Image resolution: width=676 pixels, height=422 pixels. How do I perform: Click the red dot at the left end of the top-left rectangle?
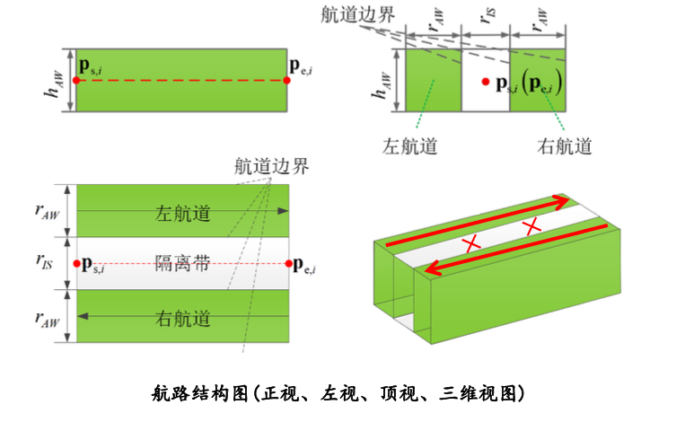(76, 80)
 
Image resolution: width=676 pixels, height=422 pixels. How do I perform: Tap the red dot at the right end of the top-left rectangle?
(286, 80)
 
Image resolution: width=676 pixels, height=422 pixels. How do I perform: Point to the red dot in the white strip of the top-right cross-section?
(486, 82)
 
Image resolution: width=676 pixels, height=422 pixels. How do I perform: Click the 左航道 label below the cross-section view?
(410, 146)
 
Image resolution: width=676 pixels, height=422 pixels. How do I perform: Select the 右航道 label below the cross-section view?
(565, 146)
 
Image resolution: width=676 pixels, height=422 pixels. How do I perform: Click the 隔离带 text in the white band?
(183, 263)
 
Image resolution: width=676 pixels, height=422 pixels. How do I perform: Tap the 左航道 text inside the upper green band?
(183, 214)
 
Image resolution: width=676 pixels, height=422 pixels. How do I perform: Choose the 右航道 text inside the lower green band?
(183, 319)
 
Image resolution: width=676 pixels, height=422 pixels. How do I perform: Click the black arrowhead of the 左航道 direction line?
(284, 211)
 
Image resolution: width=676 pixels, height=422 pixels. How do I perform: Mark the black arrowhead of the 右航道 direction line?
(83, 316)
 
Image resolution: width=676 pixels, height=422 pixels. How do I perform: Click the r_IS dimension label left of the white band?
(44, 261)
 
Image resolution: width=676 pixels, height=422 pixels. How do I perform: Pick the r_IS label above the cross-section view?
(488, 16)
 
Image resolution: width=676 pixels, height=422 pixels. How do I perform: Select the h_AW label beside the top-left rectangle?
(55, 84)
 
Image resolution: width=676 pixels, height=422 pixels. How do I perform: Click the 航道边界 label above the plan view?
(272, 166)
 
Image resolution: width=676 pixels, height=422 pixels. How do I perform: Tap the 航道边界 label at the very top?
(358, 14)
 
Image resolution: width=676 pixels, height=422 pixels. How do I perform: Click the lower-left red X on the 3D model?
(471, 243)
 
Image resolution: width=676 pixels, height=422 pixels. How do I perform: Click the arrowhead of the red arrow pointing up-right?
(564, 201)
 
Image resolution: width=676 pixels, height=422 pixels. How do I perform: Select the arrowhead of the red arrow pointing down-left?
(433, 269)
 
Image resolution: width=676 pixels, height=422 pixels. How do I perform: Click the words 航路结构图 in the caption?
(200, 392)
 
